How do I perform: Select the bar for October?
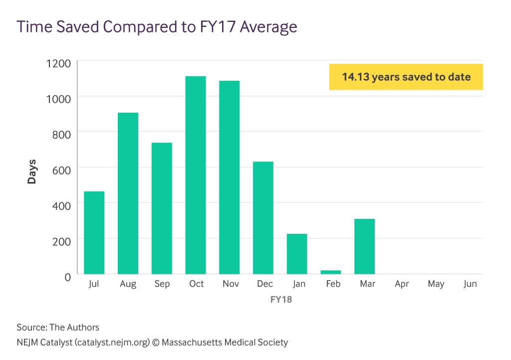[x=195, y=175]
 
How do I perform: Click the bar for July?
[x=94, y=232]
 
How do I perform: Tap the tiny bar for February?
[x=330, y=272]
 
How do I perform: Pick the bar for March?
[x=364, y=246]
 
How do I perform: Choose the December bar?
[x=263, y=218]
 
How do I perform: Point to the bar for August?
[x=128, y=193]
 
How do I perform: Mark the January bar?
[x=296, y=254]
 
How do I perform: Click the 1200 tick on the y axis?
[x=59, y=63]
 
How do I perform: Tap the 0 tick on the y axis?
[x=68, y=276]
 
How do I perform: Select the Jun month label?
[x=470, y=284]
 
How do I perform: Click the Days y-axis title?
[x=32, y=171]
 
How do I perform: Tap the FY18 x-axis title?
[x=281, y=300]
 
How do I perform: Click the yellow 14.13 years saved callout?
[x=406, y=77]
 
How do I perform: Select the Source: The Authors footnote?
[x=58, y=328]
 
